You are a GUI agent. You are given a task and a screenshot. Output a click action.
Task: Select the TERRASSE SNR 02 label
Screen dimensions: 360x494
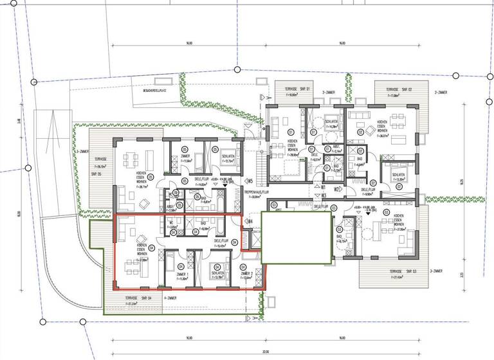point(398,89)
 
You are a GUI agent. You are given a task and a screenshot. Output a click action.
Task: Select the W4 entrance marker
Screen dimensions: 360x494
point(250,222)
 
